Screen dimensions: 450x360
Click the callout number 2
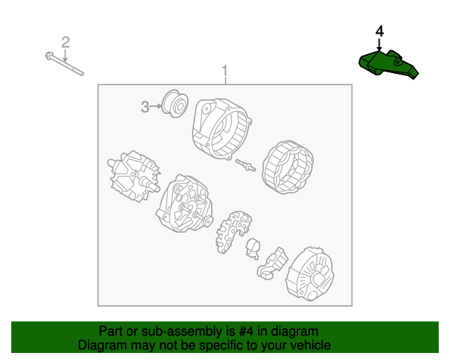tap(65, 42)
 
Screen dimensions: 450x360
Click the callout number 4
tap(380, 32)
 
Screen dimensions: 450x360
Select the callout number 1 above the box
tap(225, 70)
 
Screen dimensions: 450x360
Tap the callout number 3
tap(145, 107)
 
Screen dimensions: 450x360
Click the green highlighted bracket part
tap(388, 65)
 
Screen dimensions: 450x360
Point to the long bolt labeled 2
tap(65, 64)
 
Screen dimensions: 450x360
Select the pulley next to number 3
tap(175, 103)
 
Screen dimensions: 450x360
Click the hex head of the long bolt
tap(49, 56)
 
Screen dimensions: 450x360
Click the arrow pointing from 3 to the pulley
tap(156, 106)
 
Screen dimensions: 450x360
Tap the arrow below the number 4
tap(380, 45)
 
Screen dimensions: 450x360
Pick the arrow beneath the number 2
tap(65, 56)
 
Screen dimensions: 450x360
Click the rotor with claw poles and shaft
tap(134, 176)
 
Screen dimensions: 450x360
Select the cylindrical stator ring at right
tap(288, 167)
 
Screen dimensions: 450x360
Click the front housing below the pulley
tap(222, 129)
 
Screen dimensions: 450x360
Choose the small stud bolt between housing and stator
tap(245, 165)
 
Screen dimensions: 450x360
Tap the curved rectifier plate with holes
tap(233, 232)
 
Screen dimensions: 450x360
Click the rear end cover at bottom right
tap(309, 274)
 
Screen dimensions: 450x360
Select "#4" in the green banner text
tap(246, 331)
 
